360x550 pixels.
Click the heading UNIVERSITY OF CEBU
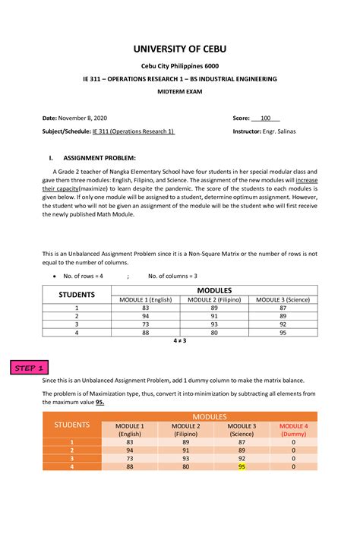[180, 49]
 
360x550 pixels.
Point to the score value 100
[266, 119]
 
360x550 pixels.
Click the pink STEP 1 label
[28, 368]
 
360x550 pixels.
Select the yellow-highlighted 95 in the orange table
[242, 466]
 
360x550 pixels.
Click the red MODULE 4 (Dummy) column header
[293, 430]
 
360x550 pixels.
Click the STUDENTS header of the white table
[77, 294]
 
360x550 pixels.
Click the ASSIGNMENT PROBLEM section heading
[99, 158]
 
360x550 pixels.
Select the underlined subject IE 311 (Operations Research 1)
[134, 131]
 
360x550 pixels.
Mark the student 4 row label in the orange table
[71, 466]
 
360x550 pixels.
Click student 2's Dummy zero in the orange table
[293, 450]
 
